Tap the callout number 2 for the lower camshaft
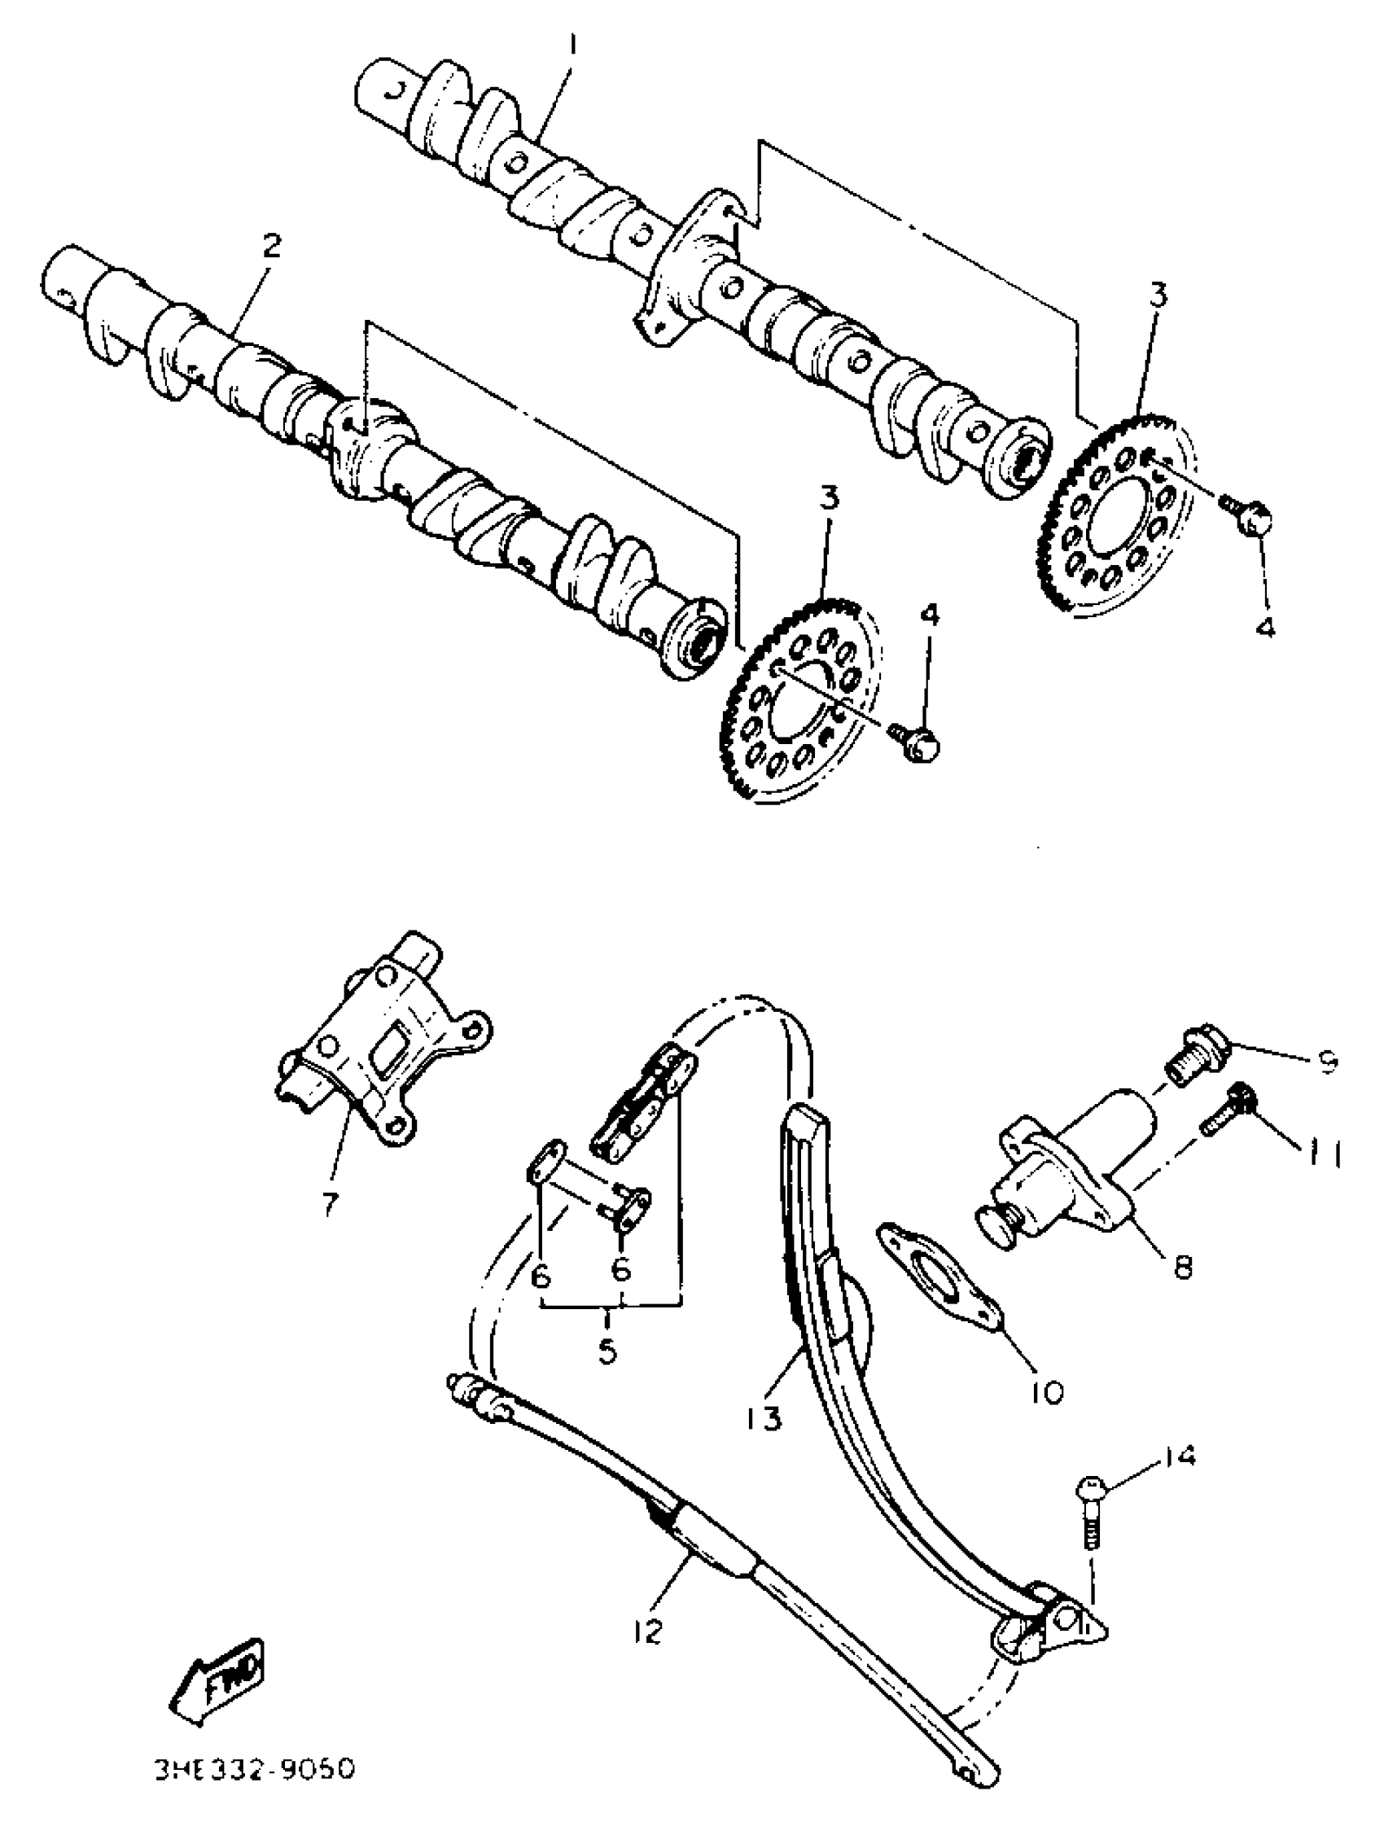(270, 244)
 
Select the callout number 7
(330, 1204)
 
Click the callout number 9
(1325, 1062)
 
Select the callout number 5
(607, 1352)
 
